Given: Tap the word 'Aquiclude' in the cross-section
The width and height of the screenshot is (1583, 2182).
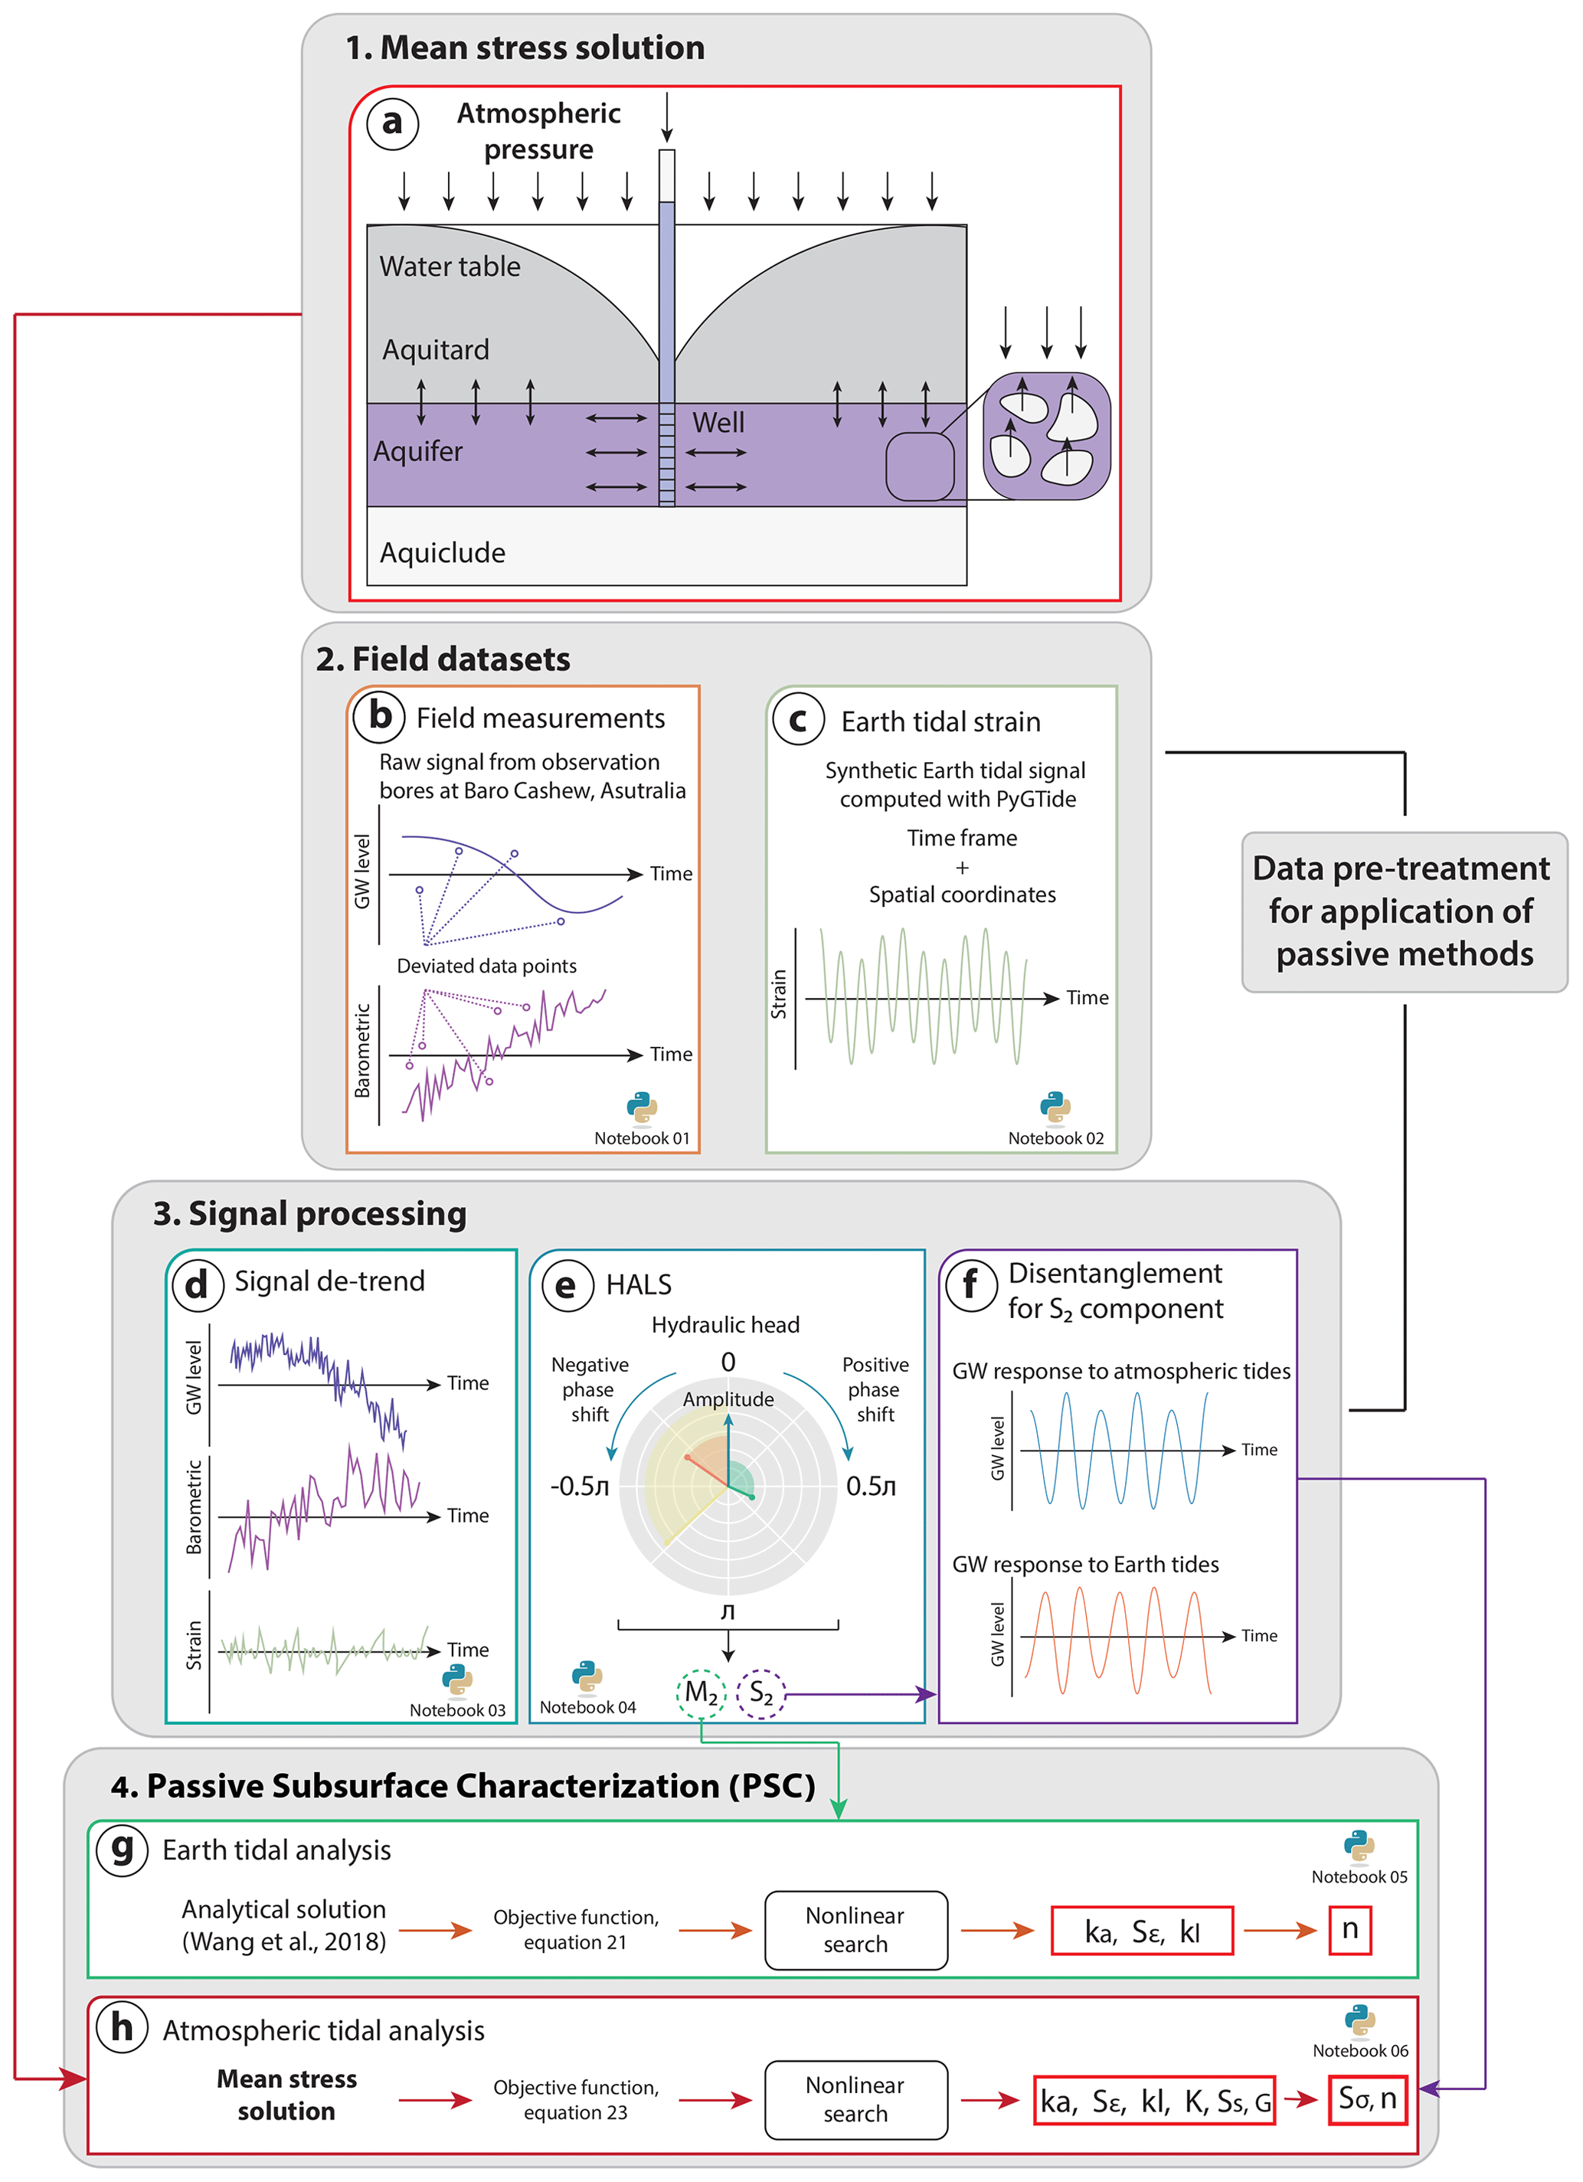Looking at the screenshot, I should (443, 553).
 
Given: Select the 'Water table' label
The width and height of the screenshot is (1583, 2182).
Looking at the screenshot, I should (450, 267).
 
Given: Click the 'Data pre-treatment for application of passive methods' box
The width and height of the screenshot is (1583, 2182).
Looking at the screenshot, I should (1403, 911).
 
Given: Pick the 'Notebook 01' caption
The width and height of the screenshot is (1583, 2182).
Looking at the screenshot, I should (642, 1138).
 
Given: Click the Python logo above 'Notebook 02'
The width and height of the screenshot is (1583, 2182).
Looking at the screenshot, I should (1055, 1107).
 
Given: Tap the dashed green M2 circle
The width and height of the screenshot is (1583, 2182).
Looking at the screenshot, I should (702, 1693).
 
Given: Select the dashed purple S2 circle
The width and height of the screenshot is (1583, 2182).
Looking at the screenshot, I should (761, 1693).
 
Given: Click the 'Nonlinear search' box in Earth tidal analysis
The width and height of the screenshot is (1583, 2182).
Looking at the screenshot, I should (855, 1930).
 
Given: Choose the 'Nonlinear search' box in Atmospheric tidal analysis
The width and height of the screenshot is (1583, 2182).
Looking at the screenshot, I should (855, 2099).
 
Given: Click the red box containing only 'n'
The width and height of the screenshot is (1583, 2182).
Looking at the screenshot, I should (1349, 1930).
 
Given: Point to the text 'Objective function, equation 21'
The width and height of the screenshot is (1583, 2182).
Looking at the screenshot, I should (575, 1930).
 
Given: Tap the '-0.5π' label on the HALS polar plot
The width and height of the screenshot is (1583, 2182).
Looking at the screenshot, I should (579, 1487).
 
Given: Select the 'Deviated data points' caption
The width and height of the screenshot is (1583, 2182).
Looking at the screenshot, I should (487, 966).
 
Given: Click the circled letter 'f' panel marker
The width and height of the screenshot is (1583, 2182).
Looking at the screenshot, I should (971, 1284).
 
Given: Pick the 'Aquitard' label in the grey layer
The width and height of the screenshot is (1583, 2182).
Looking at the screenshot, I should (436, 349).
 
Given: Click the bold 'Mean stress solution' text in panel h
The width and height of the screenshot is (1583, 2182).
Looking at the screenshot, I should (286, 2095).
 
